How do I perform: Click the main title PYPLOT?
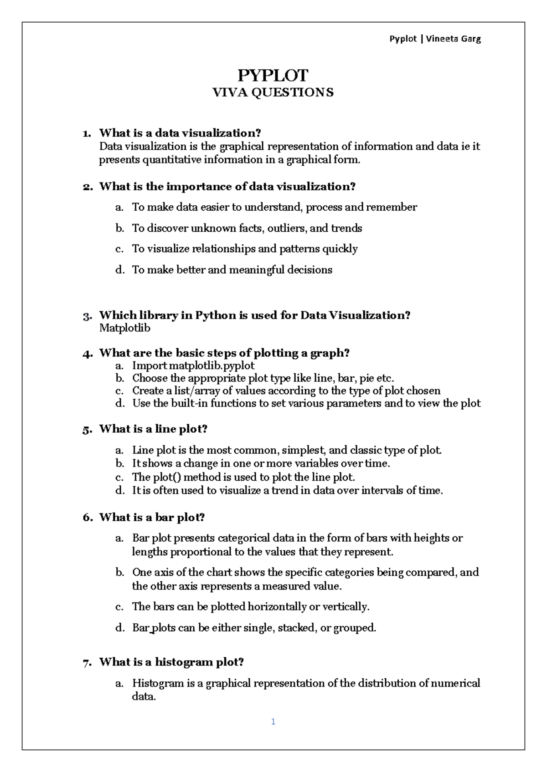point(273,75)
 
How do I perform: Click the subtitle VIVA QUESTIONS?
point(273,92)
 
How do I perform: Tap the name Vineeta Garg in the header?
point(453,39)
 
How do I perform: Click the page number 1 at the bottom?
point(273,721)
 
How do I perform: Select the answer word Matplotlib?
point(124,328)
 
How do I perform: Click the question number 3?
point(87,316)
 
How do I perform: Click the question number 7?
point(87,663)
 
